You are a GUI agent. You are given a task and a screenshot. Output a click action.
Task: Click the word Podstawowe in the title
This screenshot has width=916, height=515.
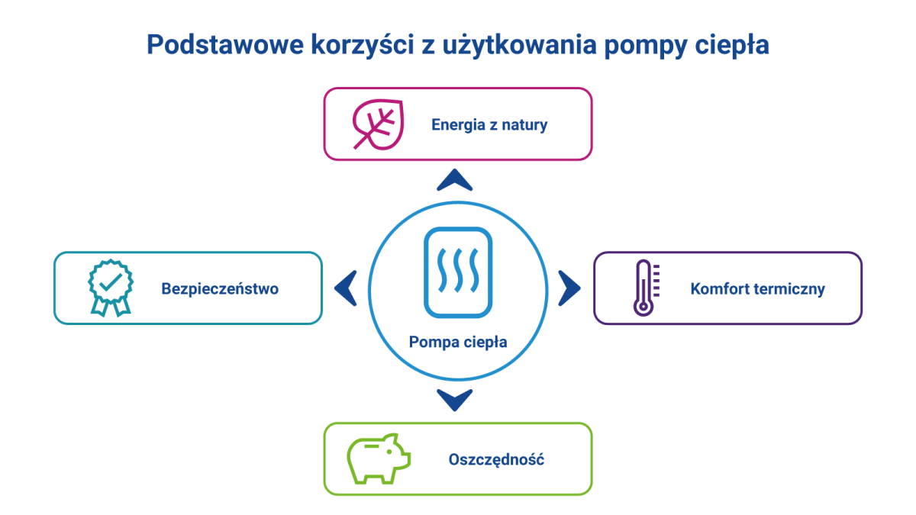pos(225,44)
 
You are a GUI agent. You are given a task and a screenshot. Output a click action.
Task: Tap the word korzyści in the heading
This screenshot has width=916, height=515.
pos(363,44)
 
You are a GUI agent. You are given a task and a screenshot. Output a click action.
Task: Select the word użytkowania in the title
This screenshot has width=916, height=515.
pos(520,45)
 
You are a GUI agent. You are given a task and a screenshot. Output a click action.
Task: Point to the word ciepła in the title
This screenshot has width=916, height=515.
pos(732,45)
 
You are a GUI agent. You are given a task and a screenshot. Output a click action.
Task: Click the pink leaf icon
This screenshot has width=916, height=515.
pos(379,124)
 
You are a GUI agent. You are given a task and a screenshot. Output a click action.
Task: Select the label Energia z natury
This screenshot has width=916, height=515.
pos(489,124)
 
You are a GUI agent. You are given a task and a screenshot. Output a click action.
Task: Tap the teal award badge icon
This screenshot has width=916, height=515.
pos(111,288)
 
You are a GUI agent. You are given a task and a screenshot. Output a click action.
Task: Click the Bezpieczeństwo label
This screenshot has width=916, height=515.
pos(220,288)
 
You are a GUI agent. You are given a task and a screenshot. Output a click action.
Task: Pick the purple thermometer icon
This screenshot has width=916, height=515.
pos(647,288)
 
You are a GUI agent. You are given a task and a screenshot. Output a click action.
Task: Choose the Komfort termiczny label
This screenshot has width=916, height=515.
pos(758,289)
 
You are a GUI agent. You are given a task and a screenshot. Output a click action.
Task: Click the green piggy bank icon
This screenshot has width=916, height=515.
pos(379,459)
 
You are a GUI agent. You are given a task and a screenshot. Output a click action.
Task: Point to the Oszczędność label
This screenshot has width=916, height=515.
pos(496,460)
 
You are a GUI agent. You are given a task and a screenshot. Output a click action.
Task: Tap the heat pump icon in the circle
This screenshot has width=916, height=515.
pos(458,272)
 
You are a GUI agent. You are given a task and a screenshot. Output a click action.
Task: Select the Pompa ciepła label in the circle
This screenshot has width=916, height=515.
pos(458,342)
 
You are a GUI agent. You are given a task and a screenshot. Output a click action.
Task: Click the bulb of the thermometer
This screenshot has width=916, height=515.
pos(643,307)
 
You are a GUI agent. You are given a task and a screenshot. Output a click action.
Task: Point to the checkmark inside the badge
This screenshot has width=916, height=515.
pos(111,282)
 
